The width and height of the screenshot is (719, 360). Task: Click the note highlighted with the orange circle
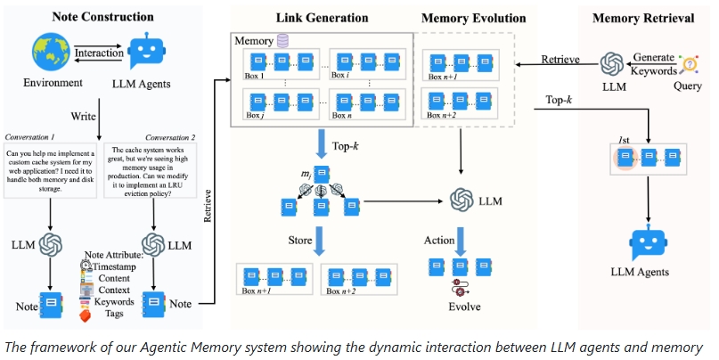[626, 158]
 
